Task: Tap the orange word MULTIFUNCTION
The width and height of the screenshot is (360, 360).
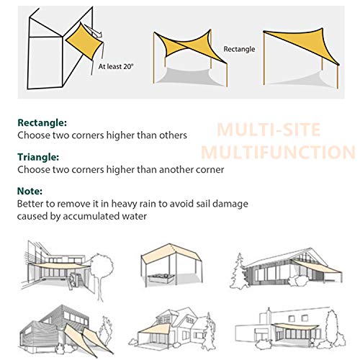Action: click(x=277, y=153)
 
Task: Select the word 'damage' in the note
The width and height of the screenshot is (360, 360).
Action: click(x=228, y=204)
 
